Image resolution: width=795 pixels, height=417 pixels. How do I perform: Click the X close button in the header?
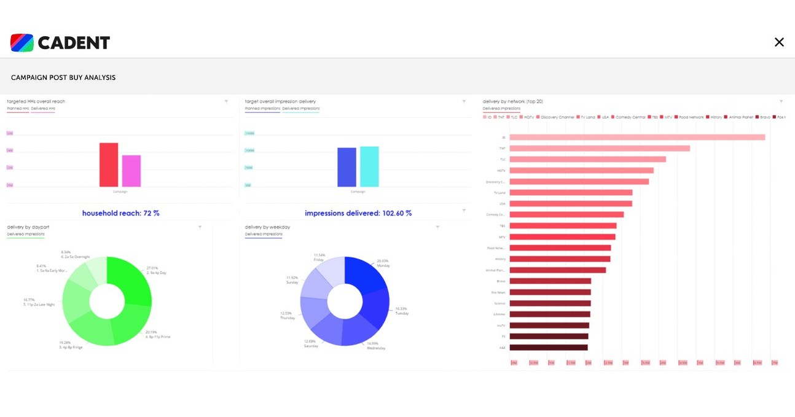point(779,42)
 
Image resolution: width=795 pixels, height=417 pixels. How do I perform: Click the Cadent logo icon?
point(22,42)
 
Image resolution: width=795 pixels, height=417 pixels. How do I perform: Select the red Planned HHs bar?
point(109,165)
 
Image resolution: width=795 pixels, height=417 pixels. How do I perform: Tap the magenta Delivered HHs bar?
point(131,171)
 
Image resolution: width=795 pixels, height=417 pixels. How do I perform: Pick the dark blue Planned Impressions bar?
point(347,167)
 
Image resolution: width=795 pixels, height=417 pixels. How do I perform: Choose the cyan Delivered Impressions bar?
point(369,166)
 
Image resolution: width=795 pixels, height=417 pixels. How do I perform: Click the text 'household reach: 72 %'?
point(120,213)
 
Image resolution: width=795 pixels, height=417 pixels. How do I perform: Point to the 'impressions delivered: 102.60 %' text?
point(358,213)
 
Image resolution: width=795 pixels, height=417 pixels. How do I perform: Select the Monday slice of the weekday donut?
point(366,273)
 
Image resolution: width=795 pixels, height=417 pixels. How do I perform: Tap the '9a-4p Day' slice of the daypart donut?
point(131,279)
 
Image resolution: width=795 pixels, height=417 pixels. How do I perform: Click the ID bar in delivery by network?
point(637,138)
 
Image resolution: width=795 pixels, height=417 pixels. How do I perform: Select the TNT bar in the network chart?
point(600,149)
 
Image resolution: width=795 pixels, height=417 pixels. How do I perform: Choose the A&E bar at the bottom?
point(549,348)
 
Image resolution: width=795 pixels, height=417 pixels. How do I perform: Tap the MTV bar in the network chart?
point(562,237)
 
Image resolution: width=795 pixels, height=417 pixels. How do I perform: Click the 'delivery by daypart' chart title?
point(28,227)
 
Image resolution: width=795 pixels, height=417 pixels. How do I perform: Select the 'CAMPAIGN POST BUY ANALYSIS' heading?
point(63,78)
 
